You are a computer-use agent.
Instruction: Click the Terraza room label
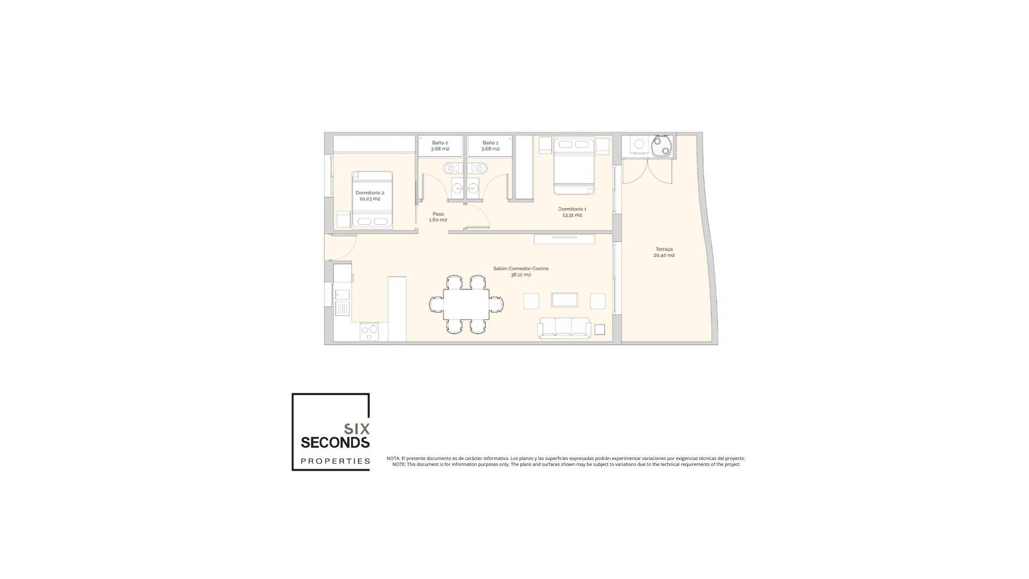click(663, 252)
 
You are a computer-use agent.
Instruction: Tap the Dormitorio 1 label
click(572, 212)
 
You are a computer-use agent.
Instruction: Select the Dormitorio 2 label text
click(369, 196)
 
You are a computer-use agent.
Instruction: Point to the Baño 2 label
click(439, 146)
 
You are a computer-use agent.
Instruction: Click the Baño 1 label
click(490, 146)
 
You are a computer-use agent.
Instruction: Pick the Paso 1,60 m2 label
click(438, 217)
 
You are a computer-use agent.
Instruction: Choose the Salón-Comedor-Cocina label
click(520, 271)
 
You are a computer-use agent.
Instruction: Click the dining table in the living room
click(466, 304)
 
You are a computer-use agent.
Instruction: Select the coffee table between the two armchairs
click(564, 300)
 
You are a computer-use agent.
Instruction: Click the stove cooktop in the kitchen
click(369, 331)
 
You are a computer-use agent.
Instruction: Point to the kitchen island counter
click(397, 308)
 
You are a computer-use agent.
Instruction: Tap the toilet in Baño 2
click(451, 168)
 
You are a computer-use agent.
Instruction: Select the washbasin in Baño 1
click(473, 188)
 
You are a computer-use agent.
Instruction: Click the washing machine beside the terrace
click(639, 144)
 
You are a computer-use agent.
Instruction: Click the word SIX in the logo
click(356, 429)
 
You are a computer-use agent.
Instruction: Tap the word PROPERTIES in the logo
click(335, 461)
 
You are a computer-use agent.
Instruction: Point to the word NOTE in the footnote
click(399, 464)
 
